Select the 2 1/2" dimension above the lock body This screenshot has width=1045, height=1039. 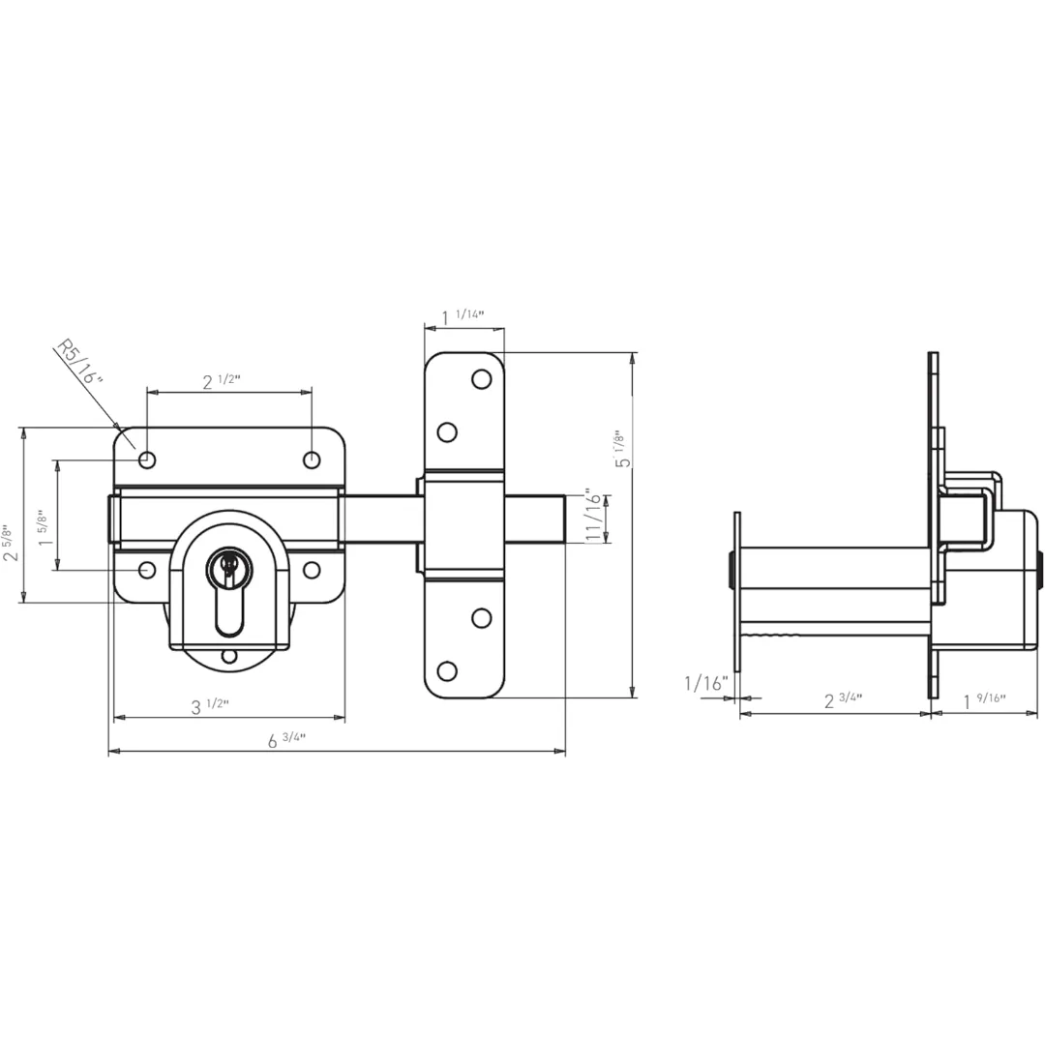221,382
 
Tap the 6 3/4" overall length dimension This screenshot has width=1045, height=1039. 286,741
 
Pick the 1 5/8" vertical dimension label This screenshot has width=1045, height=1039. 45,529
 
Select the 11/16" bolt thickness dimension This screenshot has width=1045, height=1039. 593,518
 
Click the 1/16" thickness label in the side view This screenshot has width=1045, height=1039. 704,684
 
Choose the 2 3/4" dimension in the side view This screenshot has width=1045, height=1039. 843,700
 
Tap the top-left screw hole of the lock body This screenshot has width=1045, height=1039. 147,460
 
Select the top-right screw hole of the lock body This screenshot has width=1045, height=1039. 312,460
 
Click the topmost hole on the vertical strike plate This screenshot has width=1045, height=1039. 481,378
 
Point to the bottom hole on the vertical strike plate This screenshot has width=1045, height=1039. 447,670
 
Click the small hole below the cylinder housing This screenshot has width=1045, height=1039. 229,657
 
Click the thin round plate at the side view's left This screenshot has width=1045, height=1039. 737,591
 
